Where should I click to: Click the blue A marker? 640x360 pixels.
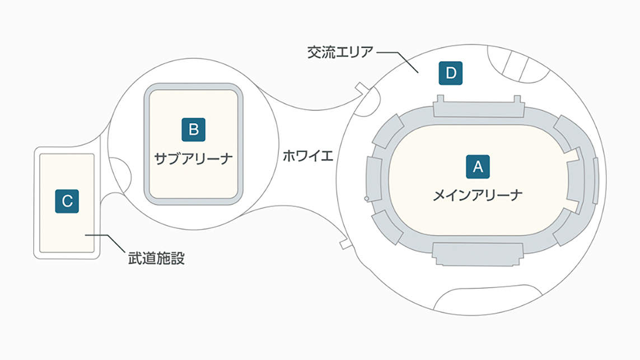tap(478, 166)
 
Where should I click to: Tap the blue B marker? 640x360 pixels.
tap(194, 129)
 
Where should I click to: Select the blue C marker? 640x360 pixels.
tap(67, 201)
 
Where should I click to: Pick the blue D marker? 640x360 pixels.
tap(451, 73)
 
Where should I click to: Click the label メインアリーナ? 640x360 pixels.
tap(478, 195)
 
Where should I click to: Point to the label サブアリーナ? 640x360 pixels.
tap(194, 158)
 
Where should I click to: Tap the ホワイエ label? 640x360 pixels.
tap(308, 156)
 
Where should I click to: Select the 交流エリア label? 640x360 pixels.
tap(340, 52)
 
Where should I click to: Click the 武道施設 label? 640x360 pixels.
tap(156, 258)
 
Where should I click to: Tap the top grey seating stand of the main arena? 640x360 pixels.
tap(478, 106)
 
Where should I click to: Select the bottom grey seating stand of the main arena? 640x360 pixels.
tap(478, 254)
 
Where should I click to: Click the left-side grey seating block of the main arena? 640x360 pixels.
tap(374, 179)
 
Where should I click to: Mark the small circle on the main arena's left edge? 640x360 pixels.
tap(367, 199)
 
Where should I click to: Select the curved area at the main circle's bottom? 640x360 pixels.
tap(488, 300)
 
